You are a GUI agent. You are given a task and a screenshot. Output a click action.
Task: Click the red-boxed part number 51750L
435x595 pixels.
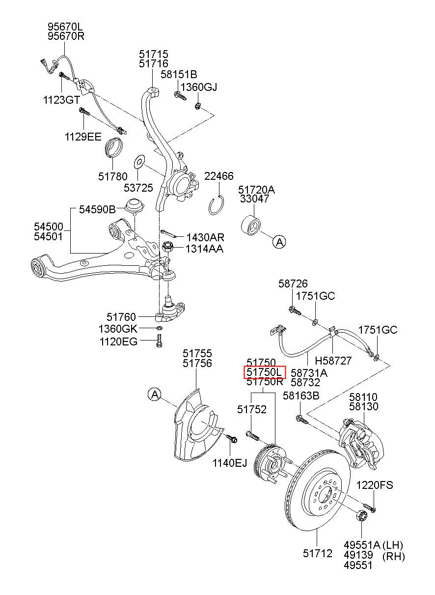[x=264, y=372]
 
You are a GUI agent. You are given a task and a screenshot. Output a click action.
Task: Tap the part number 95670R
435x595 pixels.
[x=66, y=36]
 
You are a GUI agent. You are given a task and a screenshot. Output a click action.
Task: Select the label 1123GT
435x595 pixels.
[x=61, y=100]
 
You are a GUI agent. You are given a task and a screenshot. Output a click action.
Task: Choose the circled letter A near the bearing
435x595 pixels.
[x=279, y=242]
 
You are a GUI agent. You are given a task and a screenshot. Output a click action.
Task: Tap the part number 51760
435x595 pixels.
[x=121, y=317]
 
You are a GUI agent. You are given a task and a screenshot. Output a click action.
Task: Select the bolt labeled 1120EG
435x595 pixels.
[x=159, y=341]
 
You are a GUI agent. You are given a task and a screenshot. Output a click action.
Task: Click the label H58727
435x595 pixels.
[x=333, y=361]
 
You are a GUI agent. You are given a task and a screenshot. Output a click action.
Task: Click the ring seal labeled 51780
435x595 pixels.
[x=113, y=147]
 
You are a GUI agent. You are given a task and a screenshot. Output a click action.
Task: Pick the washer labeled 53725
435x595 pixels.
[x=139, y=161]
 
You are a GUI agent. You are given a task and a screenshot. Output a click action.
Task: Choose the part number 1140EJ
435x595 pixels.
[x=230, y=463]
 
